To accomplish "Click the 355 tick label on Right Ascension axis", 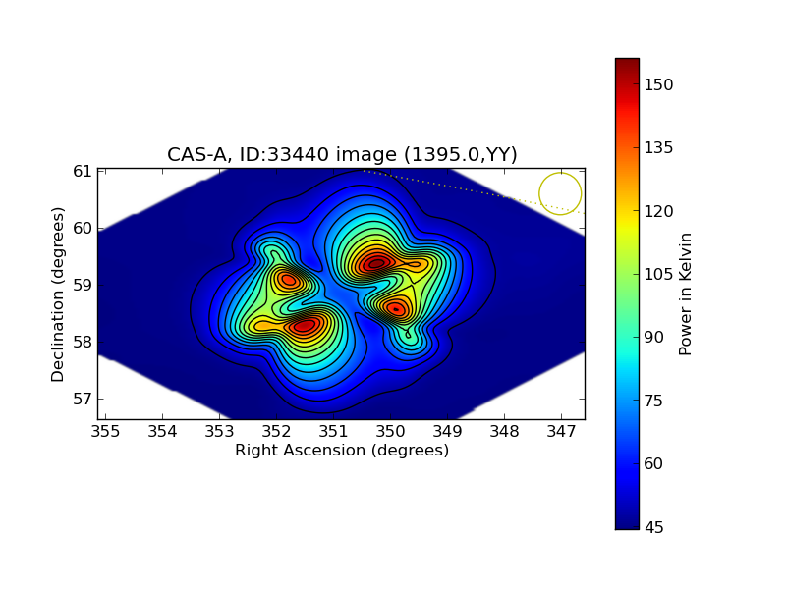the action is point(105,431).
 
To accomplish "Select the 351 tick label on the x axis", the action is point(333,431).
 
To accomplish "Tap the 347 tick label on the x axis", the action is point(561,431).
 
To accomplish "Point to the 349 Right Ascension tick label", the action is point(447,431).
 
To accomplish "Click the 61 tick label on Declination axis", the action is point(83,171).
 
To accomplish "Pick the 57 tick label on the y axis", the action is point(83,400).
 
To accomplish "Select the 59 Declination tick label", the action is point(83,286).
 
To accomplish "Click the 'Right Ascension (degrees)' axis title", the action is point(342,451).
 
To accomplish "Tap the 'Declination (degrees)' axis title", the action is point(58,294).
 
